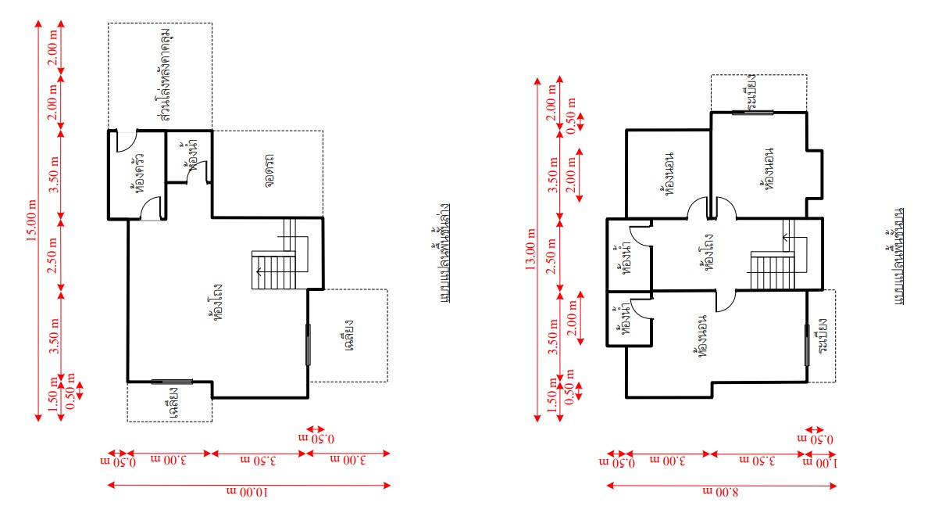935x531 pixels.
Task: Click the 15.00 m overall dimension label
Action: point(32,221)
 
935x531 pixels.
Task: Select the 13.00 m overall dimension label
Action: point(530,249)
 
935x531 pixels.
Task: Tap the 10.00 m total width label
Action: point(248,492)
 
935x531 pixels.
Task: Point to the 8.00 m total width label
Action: point(720,492)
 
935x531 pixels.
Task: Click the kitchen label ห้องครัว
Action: point(138,173)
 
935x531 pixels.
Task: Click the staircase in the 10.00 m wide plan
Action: point(280,255)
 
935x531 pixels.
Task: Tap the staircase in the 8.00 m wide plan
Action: point(773,255)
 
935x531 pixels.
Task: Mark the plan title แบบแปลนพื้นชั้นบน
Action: point(898,257)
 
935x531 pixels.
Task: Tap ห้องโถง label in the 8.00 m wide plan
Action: point(708,253)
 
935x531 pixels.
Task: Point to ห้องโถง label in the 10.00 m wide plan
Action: point(218,303)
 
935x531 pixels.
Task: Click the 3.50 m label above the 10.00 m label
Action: point(259,461)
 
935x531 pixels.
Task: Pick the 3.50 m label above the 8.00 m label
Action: point(758,461)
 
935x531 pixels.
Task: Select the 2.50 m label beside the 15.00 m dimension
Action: point(53,256)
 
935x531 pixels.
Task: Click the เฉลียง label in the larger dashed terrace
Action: point(349,335)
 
